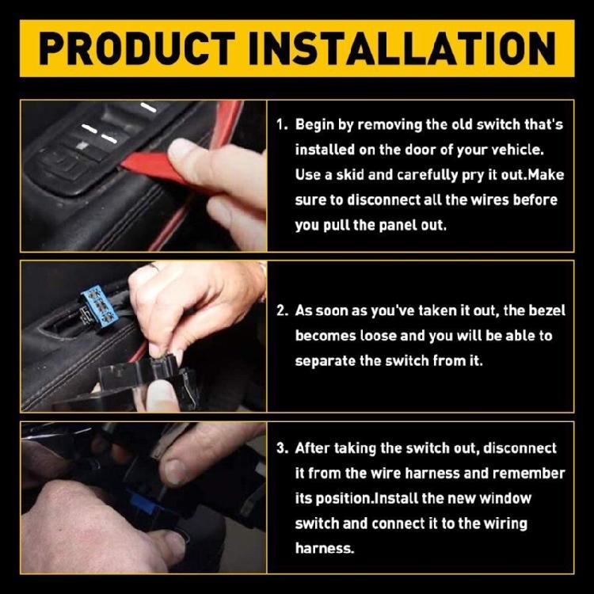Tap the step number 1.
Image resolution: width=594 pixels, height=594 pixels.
point(280,125)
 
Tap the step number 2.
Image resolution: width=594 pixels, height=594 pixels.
point(281,310)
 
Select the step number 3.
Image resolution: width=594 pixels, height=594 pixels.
point(281,448)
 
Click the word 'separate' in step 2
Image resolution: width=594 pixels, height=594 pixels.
point(325,361)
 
